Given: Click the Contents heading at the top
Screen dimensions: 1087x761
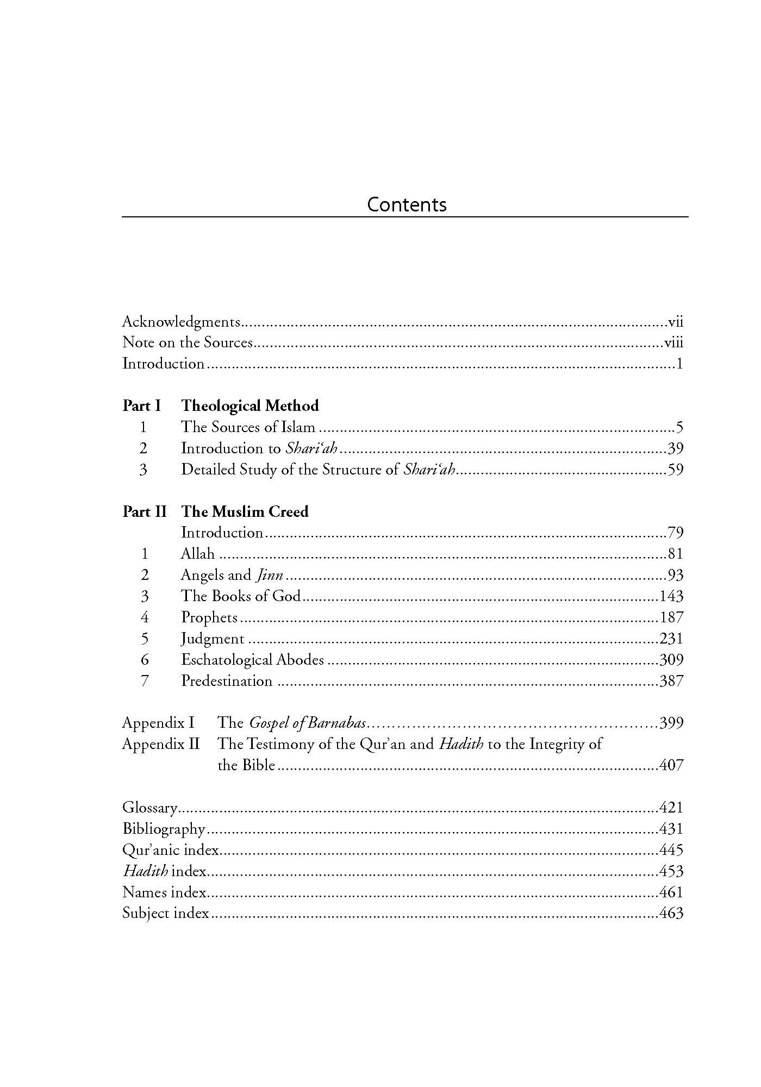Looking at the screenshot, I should click(407, 204).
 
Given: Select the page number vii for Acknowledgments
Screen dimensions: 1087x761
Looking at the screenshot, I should click(675, 322).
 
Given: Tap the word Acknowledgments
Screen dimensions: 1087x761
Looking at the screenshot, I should click(181, 322).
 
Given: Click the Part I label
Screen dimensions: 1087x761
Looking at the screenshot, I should click(141, 406).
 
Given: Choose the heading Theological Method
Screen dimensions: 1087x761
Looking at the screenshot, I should click(250, 406).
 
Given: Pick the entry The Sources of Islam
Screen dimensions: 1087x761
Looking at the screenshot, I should click(248, 427).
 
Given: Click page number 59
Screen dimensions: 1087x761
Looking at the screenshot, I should click(675, 470).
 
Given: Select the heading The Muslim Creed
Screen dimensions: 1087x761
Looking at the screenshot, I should click(245, 512).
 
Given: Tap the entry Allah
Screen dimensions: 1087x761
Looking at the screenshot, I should click(198, 554).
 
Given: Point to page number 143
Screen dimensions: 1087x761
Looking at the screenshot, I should click(671, 597).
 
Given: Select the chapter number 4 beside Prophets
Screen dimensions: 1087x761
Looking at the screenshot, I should click(144, 618).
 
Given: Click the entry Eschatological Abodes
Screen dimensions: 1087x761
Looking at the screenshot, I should click(252, 660).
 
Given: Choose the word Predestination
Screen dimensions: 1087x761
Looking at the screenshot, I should click(227, 682).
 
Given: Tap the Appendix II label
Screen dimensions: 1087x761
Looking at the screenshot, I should click(161, 745).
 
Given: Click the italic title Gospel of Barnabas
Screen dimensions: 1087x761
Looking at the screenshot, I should click(308, 723).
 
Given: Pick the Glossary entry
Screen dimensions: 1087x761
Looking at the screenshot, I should click(150, 808).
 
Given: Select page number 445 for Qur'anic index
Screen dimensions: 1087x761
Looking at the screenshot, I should click(671, 851).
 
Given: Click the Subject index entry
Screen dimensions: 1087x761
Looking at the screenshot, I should click(166, 914).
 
